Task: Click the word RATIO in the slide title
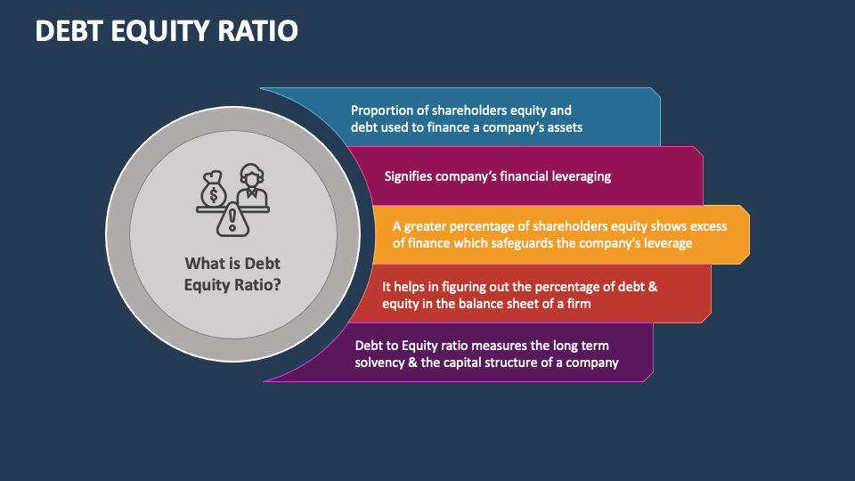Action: [x=258, y=30]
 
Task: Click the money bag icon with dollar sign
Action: [x=215, y=190]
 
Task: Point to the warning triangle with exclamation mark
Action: [x=233, y=218]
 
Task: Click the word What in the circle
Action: [x=204, y=264]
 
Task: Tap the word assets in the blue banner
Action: [x=562, y=127]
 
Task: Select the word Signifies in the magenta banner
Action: [x=408, y=176]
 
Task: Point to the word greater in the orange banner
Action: [x=431, y=226]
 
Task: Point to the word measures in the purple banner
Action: [x=505, y=346]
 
